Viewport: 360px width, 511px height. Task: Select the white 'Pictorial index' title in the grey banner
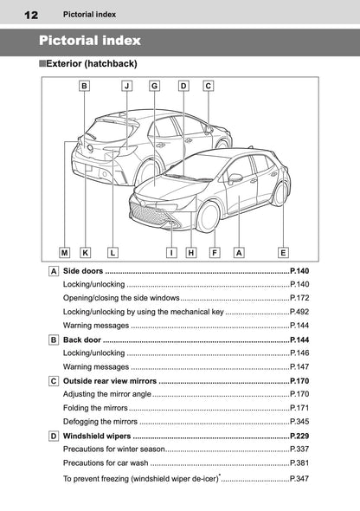[x=90, y=41]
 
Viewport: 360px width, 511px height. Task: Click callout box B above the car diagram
[x=84, y=86]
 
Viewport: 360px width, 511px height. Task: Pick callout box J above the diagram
[x=126, y=86]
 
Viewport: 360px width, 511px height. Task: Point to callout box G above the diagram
[x=154, y=86]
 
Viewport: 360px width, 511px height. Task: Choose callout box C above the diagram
[x=209, y=86]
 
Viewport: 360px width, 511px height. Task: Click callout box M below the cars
[x=65, y=253]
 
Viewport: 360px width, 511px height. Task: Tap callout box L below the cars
[x=113, y=253]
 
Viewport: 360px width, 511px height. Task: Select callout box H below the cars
[x=190, y=253]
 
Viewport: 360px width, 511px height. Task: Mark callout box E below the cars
[x=283, y=253]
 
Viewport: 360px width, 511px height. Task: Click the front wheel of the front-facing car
[x=209, y=217]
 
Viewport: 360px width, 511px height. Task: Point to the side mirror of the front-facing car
[x=235, y=178]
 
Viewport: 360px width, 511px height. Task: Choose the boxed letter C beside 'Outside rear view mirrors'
[x=55, y=380]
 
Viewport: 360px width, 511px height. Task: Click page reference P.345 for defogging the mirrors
[x=299, y=420]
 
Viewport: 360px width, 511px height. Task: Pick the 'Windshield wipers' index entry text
[x=98, y=435]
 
